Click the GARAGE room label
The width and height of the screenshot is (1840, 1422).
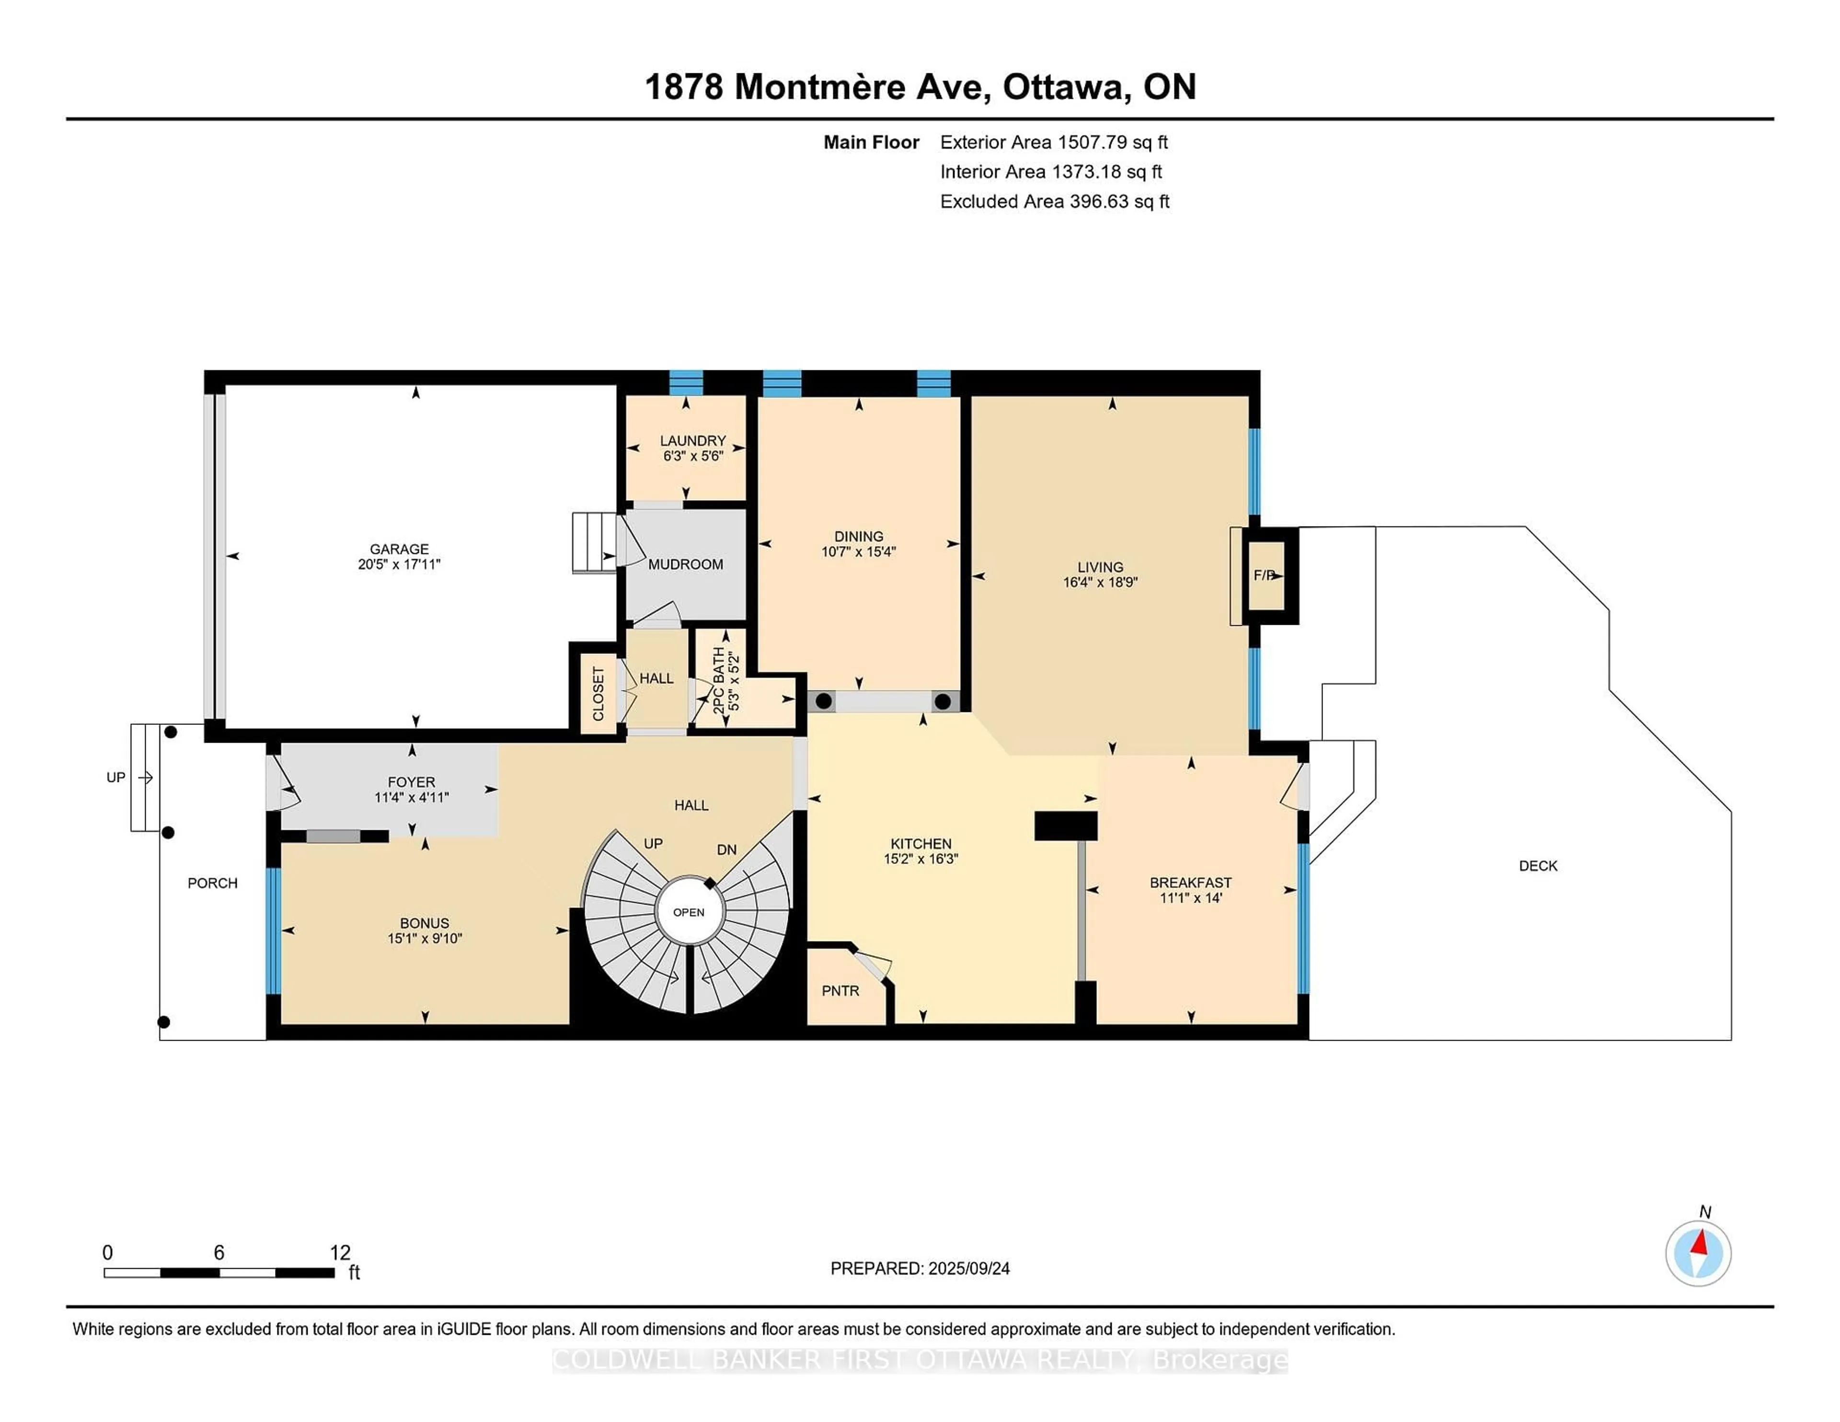tap(399, 549)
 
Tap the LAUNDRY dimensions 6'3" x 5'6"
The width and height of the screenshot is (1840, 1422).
tap(692, 456)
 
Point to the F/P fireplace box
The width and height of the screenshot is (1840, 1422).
tap(1265, 575)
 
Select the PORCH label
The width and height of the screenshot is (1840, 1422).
tap(212, 883)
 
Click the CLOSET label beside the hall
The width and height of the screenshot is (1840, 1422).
tap(598, 694)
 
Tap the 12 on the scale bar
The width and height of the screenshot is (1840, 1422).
tap(340, 1253)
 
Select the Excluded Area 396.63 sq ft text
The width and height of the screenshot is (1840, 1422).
tap(1054, 201)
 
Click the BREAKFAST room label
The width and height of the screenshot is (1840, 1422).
tap(1190, 882)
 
